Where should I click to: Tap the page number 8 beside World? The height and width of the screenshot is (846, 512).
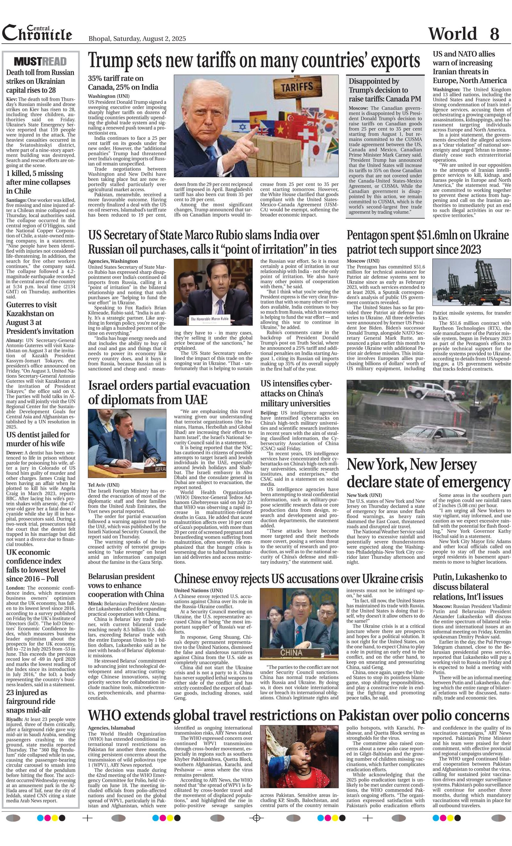(494, 34)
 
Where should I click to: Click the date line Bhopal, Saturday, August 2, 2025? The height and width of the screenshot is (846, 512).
(137, 38)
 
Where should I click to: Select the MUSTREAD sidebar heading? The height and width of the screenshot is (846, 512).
(40, 61)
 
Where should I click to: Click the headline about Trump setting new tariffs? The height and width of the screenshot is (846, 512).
(254, 61)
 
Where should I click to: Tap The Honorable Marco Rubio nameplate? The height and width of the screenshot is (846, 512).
(210, 319)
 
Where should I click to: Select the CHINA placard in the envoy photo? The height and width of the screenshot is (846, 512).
(291, 652)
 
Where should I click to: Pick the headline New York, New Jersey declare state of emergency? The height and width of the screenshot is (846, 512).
(428, 473)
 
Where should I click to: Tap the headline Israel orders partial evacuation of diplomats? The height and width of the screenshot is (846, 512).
(169, 392)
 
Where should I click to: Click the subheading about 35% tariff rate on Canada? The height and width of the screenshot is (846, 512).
(123, 83)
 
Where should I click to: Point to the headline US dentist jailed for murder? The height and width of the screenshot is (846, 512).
(38, 439)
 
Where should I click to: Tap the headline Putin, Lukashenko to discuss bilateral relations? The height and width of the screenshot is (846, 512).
(469, 587)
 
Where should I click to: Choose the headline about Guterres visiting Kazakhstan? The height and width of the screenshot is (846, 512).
(40, 318)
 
